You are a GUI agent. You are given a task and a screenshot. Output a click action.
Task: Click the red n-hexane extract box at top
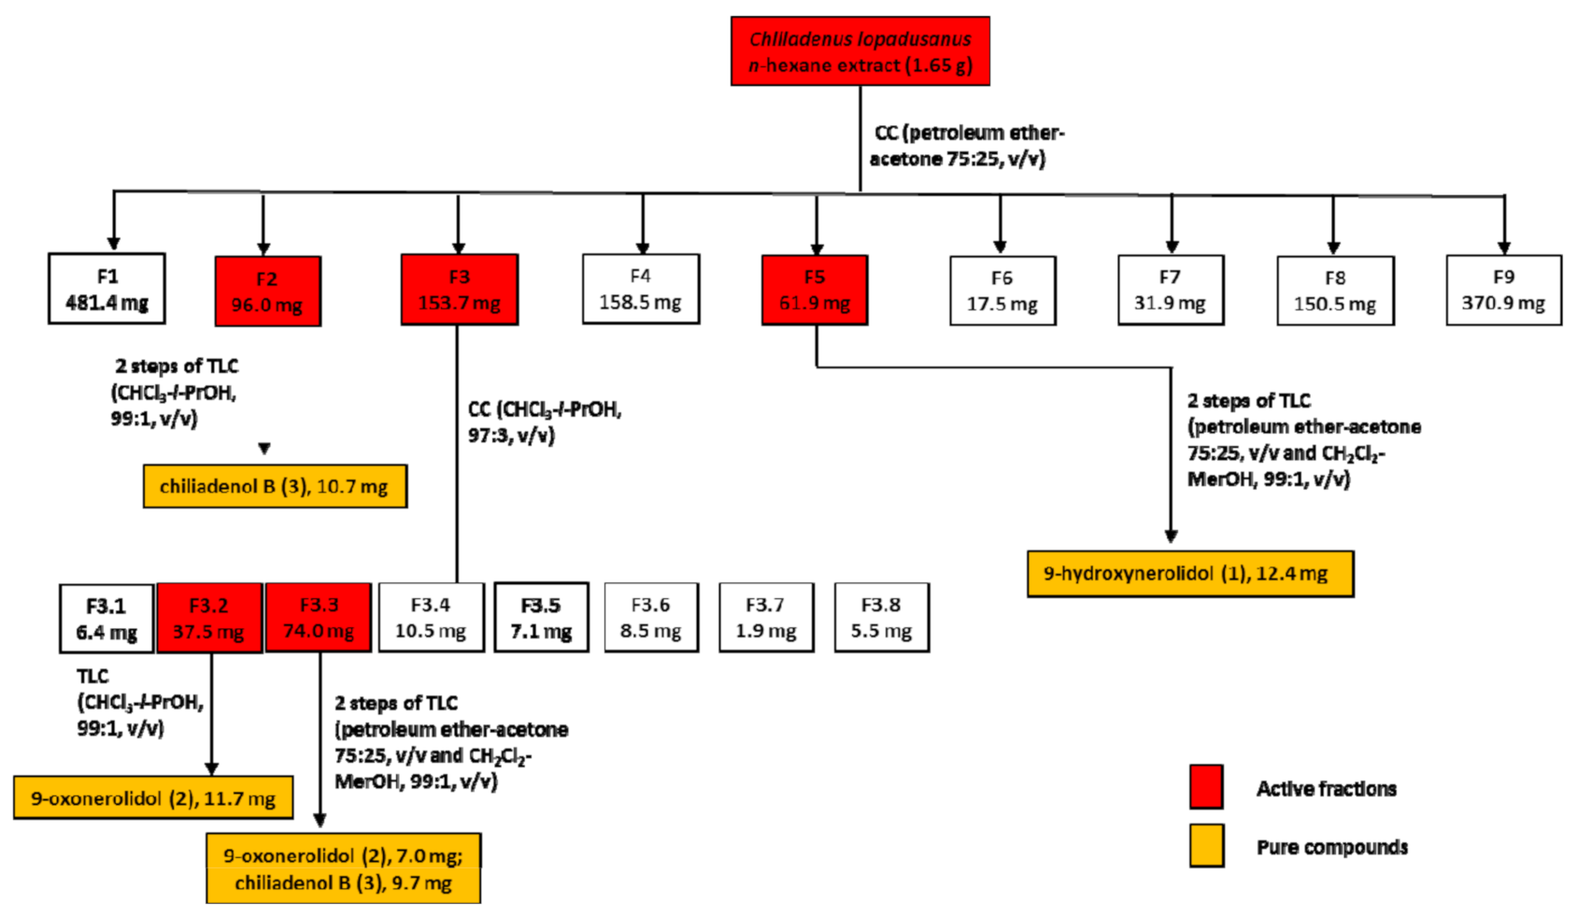tap(860, 51)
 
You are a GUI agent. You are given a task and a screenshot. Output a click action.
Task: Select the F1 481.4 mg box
tap(107, 289)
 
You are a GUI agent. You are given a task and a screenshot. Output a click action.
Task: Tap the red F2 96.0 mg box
tap(267, 292)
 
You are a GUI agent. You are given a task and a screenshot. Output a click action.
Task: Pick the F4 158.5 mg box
tap(640, 289)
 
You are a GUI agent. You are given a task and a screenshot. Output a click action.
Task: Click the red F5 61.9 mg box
tap(814, 291)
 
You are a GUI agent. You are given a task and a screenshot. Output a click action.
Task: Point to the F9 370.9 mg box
tap(1502, 291)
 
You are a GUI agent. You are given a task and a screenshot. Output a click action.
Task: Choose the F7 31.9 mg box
tap(1170, 291)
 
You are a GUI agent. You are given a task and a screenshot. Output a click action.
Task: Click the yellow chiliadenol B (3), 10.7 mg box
tap(275, 486)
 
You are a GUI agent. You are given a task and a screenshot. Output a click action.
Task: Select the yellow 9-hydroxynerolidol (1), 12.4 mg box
tap(1189, 574)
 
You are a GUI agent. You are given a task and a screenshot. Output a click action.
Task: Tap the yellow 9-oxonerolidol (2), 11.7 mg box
tap(153, 798)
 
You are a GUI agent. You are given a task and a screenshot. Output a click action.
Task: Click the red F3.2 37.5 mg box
tap(208, 618)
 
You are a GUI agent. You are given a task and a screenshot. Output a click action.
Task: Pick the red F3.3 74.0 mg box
tap(319, 618)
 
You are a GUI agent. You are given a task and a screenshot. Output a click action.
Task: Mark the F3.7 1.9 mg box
tap(765, 618)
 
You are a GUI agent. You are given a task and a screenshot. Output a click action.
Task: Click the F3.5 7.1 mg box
tap(541, 618)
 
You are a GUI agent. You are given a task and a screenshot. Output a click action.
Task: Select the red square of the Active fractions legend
tap(1206, 787)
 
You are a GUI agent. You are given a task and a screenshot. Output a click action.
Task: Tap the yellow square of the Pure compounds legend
tap(1206, 846)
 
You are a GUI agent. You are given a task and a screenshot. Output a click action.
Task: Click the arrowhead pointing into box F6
tap(1000, 247)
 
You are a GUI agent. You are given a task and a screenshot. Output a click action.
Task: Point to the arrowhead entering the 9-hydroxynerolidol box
tap(1171, 537)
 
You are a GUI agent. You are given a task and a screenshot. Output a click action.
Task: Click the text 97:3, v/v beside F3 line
tap(511, 436)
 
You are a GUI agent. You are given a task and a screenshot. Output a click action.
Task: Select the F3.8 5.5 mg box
tap(881, 618)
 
